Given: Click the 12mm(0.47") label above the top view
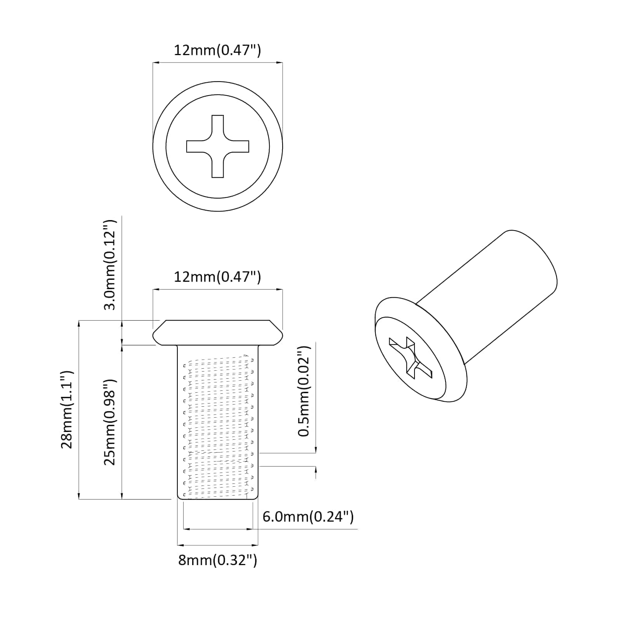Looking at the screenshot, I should (217, 50).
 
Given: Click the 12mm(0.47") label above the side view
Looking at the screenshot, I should (217, 277).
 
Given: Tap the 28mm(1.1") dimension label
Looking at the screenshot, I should (67, 410).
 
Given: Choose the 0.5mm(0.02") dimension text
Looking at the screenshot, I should (304, 391).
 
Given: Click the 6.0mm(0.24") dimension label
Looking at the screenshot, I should (308, 517).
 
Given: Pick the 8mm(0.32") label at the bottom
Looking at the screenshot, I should (217, 560).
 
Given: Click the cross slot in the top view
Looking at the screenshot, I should (217, 146).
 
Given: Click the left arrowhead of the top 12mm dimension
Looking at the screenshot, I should (155, 62).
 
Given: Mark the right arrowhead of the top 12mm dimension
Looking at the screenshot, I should (280, 62).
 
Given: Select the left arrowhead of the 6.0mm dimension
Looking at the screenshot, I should (186, 529).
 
